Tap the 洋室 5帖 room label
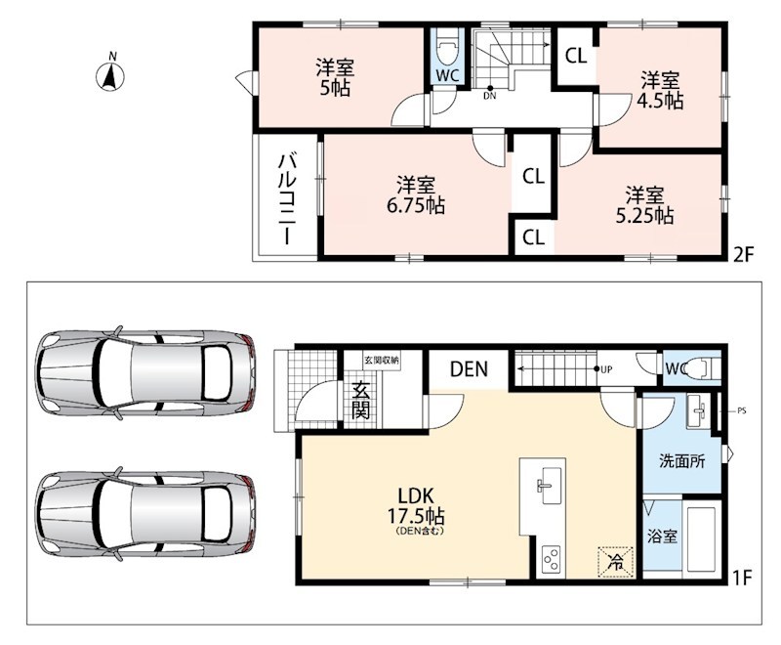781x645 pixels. click(x=335, y=78)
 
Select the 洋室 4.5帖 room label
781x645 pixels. click(x=660, y=90)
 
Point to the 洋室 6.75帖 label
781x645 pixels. click(x=416, y=195)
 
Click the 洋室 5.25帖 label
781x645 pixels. click(x=645, y=205)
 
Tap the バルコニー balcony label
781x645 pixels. click(x=287, y=199)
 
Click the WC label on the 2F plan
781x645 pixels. click(x=447, y=76)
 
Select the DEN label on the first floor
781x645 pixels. click(x=469, y=369)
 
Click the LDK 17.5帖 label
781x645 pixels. click(x=416, y=510)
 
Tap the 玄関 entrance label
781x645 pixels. click(x=360, y=401)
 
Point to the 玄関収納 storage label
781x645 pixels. click(x=382, y=361)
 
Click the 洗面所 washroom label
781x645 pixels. click(x=681, y=461)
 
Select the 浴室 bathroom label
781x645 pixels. click(x=662, y=537)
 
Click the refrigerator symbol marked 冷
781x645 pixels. click(x=616, y=562)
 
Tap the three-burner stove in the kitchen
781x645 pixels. click(x=551, y=561)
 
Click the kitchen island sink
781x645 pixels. click(x=551, y=486)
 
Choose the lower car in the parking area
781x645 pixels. click(x=144, y=514)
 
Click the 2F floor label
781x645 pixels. click(x=743, y=255)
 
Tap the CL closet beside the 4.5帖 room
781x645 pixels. click(x=576, y=56)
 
